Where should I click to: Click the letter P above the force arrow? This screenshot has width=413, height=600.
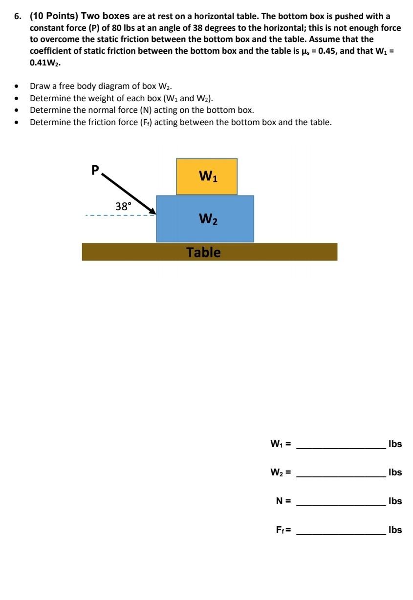(x=95, y=170)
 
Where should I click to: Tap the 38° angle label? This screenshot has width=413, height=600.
(x=123, y=206)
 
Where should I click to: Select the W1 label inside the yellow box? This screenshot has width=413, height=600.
(x=208, y=176)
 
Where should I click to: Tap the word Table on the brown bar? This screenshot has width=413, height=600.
(x=203, y=252)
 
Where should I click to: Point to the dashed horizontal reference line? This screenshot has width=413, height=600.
(x=117, y=215)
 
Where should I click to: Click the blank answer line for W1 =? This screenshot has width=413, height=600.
(x=341, y=447)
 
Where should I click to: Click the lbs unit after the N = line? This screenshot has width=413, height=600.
(x=395, y=501)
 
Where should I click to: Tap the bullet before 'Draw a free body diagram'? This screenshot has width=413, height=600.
(x=17, y=86)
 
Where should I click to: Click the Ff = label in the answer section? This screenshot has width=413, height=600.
(x=283, y=530)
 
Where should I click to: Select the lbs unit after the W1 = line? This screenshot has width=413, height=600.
(x=395, y=444)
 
